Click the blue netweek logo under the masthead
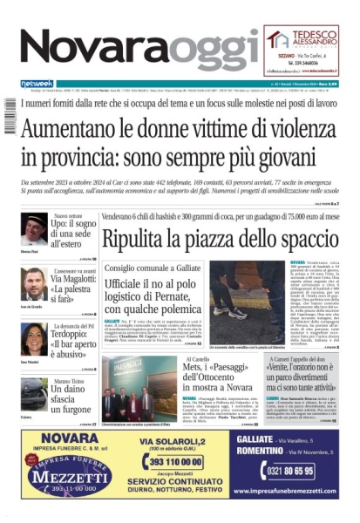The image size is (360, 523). [37, 84]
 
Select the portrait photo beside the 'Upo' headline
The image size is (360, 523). [34, 229]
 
